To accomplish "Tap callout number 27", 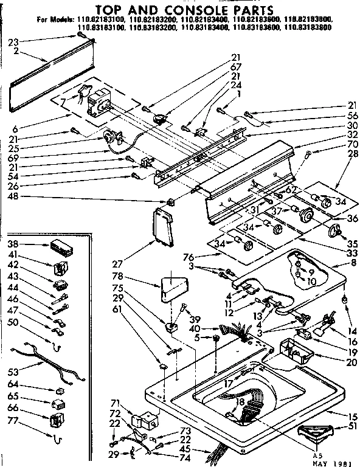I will (x=118, y=264).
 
